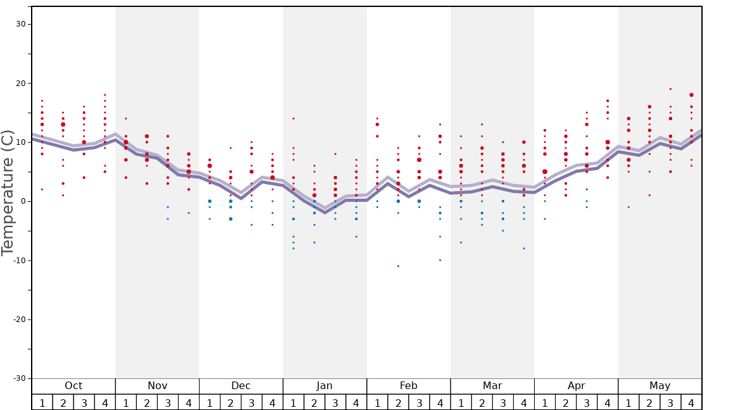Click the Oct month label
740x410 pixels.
pos(73,386)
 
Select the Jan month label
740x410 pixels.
pos(324,386)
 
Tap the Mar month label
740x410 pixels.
pos(492,386)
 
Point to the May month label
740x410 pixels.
pos(660,386)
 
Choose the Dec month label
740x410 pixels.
pos(241,386)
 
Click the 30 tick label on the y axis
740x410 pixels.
pos(20,24)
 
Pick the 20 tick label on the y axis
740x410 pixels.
pos(20,83)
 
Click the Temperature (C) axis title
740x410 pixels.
pos(8,193)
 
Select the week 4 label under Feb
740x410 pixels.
pos(440,402)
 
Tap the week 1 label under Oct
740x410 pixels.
pos(42,402)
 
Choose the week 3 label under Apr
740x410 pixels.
pos(587,402)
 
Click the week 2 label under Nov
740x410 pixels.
pos(147,402)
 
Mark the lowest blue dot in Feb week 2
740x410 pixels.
pos(398,266)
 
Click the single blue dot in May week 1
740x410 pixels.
pos(628,207)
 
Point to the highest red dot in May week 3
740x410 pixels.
pos(670,89)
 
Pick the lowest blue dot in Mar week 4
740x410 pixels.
pos(524,248)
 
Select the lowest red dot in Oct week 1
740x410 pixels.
pos(42,189)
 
